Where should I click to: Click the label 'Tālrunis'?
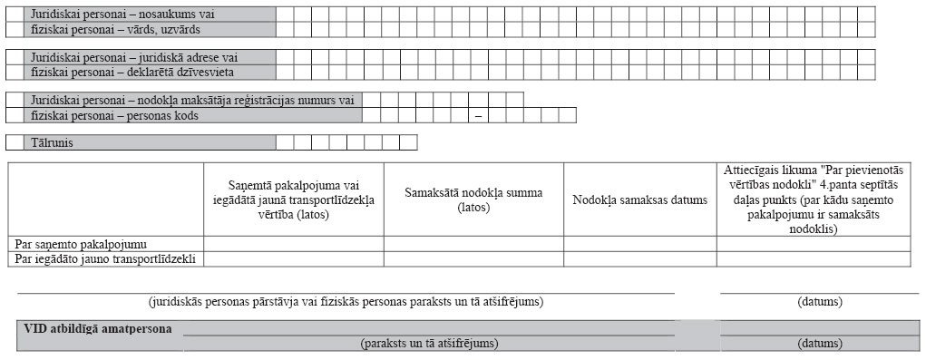[52, 142]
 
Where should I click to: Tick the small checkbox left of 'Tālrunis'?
[15, 142]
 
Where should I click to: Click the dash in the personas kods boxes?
[477, 116]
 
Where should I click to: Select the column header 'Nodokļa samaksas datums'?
[639, 199]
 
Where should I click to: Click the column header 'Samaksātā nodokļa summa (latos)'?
[473, 199]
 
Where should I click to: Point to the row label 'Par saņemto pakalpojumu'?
[83, 244]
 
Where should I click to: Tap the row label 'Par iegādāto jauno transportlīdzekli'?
[106, 259]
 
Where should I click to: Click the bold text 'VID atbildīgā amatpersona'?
[98, 328]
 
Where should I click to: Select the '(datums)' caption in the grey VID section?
[819, 344]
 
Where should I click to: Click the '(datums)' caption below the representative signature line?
[819, 301]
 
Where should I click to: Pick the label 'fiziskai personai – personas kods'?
[114, 116]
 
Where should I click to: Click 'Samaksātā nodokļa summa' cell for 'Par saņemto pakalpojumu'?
[473, 244]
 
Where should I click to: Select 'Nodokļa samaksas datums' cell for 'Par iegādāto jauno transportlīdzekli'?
[639, 259]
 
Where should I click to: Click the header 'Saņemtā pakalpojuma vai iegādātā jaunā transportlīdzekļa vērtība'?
[293, 199]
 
